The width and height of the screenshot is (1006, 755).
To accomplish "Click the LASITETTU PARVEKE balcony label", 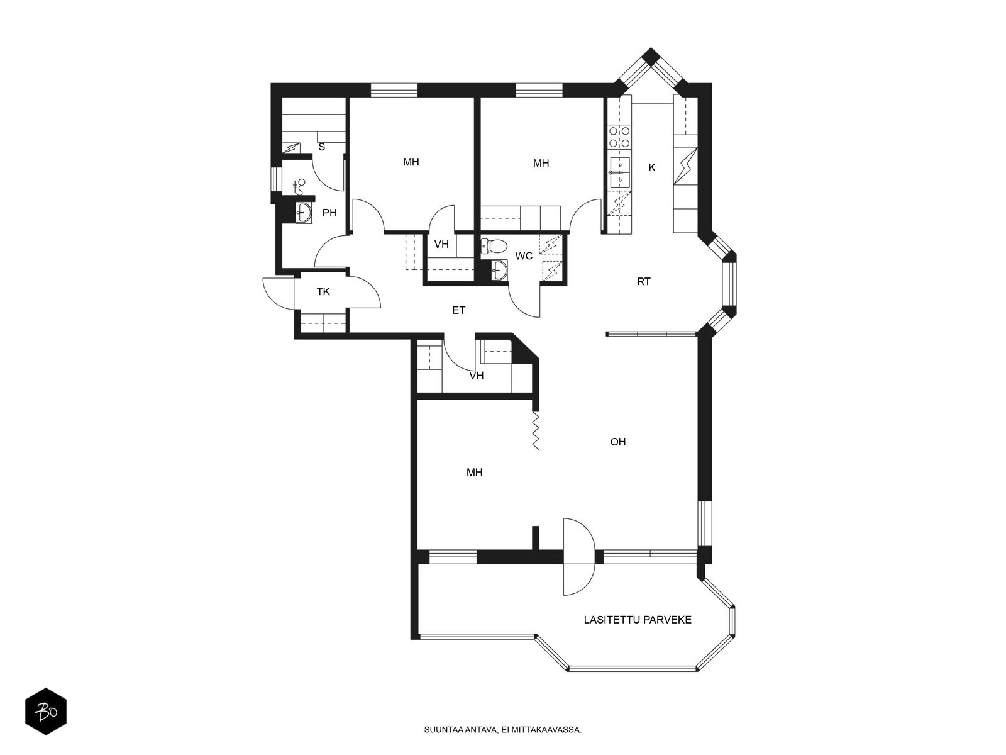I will click(638, 620).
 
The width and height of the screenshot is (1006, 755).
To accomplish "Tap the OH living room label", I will click(618, 442).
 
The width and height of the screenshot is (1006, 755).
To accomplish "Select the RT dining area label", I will click(643, 281).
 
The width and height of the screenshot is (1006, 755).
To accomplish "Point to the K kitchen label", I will click(652, 167).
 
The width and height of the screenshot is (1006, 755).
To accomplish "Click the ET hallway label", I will click(459, 310).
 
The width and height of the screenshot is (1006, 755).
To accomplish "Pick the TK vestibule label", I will click(323, 292).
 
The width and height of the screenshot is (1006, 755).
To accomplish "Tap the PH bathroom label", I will click(329, 213).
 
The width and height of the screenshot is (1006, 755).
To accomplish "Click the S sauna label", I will click(322, 147).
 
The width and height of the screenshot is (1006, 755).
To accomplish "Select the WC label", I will click(524, 255).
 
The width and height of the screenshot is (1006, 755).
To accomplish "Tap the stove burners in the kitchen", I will click(619, 138).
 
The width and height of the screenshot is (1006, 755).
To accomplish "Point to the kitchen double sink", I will click(619, 172).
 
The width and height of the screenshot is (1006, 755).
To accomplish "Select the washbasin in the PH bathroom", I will click(304, 212).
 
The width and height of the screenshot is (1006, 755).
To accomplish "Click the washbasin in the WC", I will click(499, 271).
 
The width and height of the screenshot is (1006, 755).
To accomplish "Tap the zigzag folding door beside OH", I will click(536, 431).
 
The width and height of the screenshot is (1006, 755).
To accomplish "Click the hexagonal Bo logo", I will click(45, 713).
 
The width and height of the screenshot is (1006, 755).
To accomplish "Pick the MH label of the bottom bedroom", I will click(474, 472).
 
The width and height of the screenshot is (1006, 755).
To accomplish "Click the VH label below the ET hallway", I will click(477, 376).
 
